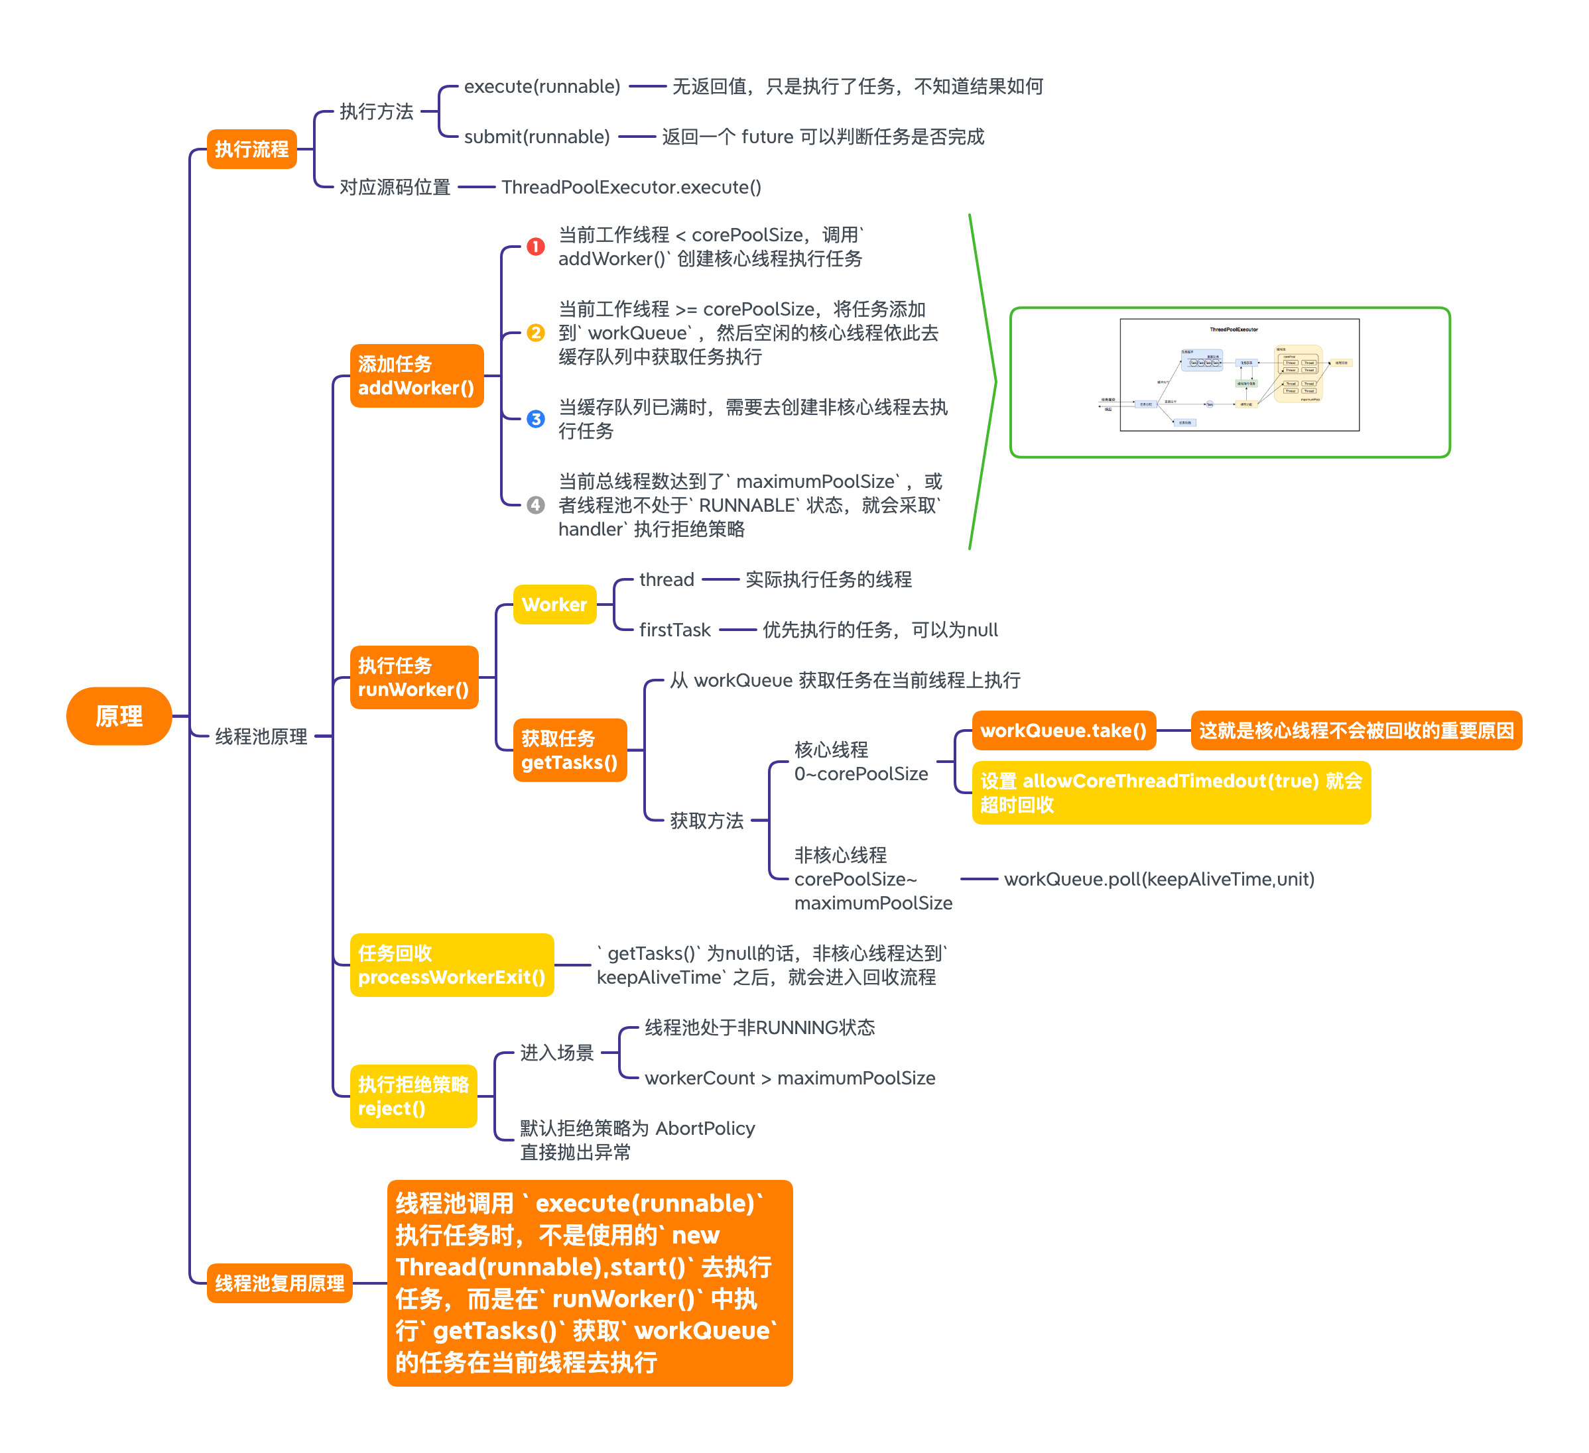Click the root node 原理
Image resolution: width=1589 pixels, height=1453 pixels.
[x=118, y=715]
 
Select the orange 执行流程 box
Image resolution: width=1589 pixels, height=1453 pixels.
[x=251, y=149]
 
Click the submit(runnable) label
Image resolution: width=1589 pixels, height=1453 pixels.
[x=537, y=137]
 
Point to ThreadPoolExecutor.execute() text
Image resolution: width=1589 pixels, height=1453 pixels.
[x=631, y=187]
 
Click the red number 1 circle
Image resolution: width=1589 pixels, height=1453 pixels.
[x=535, y=247]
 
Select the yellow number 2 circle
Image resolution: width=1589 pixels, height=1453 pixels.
[x=535, y=333]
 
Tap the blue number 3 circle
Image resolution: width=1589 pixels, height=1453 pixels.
[x=535, y=418]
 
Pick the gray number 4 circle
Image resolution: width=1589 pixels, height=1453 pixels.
[x=535, y=504]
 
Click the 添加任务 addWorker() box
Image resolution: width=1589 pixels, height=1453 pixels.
[x=416, y=376]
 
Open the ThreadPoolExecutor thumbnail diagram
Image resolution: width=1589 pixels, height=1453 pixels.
[x=1238, y=375]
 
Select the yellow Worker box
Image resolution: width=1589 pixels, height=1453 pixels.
[x=554, y=605]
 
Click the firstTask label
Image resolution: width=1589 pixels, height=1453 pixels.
[x=674, y=630]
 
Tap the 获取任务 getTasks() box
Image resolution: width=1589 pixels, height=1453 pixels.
[x=569, y=750]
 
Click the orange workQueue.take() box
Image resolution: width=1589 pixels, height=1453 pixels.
[x=1062, y=730]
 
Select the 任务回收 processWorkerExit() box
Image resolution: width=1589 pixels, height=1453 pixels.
[x=452, y=964]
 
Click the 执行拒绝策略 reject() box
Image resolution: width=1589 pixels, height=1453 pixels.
[x=413, y=1096]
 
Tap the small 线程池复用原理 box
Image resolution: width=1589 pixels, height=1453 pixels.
[x=279, y=1283]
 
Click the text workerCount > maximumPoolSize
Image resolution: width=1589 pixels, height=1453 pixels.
[x=789, y=1078]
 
